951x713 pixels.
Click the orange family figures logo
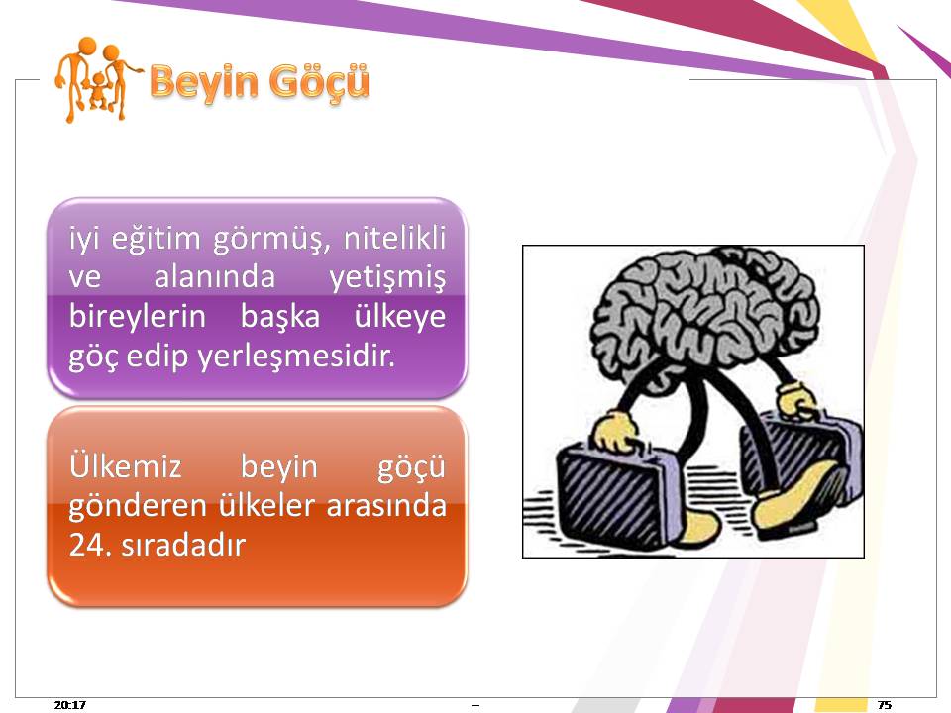pos(96,80)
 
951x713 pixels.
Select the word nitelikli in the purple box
pos(394,237)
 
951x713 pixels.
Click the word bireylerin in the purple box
pos(138,317)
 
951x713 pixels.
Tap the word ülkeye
pos(399,317)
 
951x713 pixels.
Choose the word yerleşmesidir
pos(296,356)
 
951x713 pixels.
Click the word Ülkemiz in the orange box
pos(126,466)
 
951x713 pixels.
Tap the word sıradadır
pos(183,545)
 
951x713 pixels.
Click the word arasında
pos(386,506)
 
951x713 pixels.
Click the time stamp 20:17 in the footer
pos(69,704)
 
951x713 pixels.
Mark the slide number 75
pos(885,704)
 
